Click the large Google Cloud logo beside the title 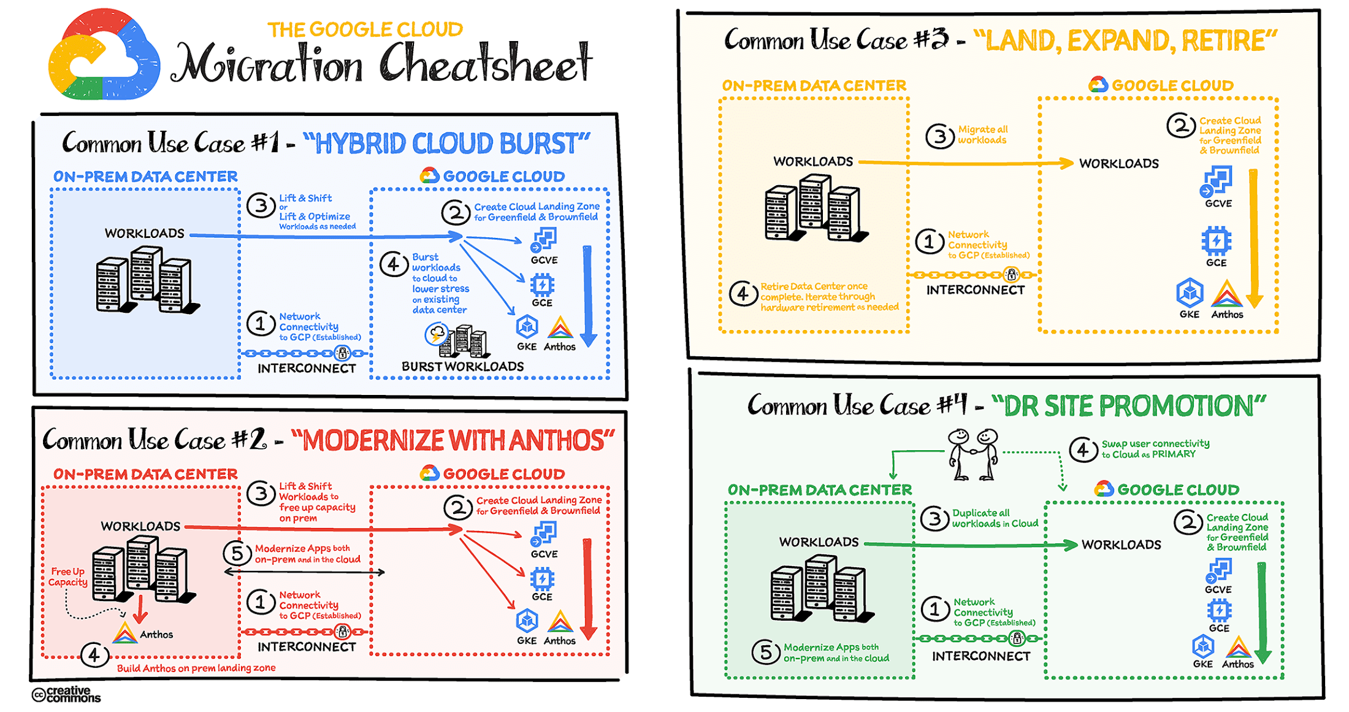coord(104,55)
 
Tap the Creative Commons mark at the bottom coord(66,694)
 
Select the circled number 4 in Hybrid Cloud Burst coord(394,264)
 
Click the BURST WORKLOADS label coord(462,367)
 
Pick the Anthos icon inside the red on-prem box coord(125,633)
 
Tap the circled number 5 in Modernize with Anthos coord(237,553)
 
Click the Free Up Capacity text coord(68,576)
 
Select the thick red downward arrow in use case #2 coord(588,589)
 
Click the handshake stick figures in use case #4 coord(973,454)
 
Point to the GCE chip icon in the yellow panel coord(1216,241)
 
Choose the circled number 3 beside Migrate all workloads coord(939,136)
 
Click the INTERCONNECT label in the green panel coord(981,656)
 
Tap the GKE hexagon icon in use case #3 coord(1190,293)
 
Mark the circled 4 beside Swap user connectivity coord(1083,450)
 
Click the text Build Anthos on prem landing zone coord(196,668)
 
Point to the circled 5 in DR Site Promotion coord(765,652)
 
